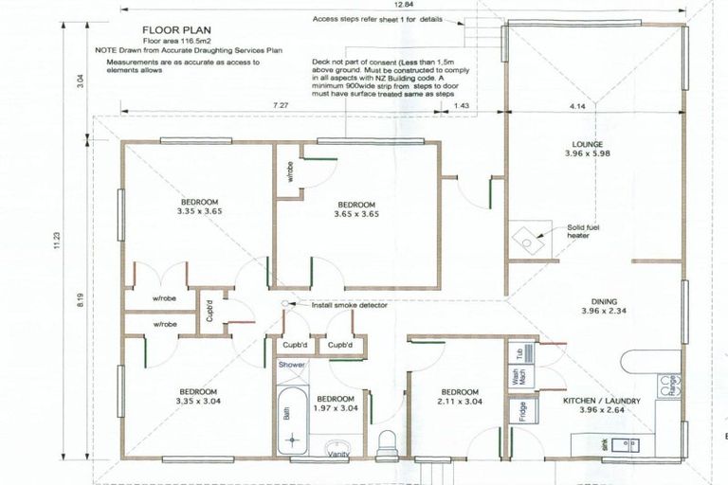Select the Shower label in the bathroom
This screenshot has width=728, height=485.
(290, 365)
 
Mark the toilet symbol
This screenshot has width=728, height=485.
(386, 440)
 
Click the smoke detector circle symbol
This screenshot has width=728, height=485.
(286, 305)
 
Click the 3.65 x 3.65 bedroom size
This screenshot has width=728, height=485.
(356, 214)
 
